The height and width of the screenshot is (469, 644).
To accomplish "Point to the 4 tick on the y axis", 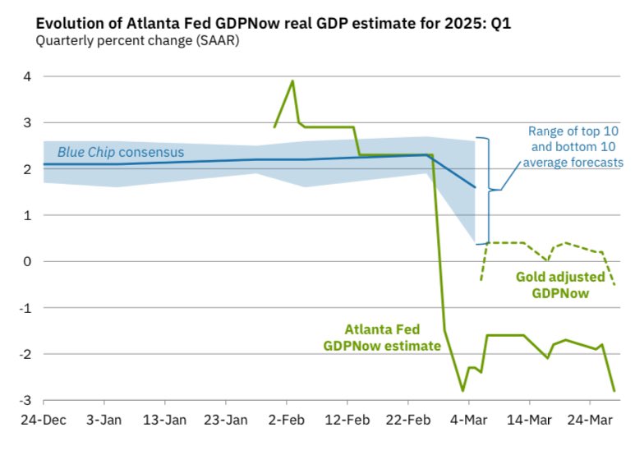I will [26, 77].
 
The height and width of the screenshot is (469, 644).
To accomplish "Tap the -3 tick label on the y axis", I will [25, 401].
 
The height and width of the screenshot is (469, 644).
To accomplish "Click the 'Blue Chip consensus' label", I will [120, 152].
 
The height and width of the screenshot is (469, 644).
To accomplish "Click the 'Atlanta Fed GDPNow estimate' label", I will [383, 338].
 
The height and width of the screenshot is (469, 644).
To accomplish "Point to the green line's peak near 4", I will [292, 80].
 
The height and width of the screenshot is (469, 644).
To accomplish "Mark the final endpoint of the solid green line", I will [614, 391].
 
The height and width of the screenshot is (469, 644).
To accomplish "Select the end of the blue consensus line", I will [475, 188].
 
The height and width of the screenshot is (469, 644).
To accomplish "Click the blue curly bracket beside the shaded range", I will [490, 190].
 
